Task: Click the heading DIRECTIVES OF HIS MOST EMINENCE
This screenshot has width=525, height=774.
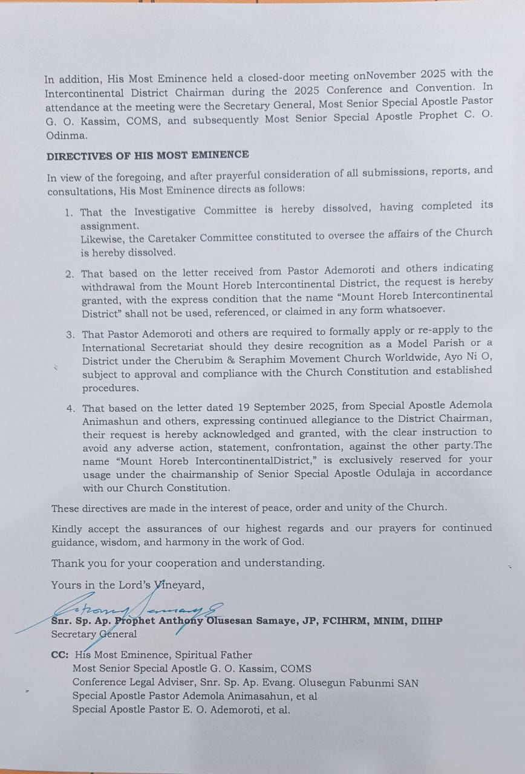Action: click(x=147, y=155)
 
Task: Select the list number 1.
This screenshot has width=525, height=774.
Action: click(x=69, y=212)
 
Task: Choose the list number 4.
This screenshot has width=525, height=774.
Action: click(x=71, y=408)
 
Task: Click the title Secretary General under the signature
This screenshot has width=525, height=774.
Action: click(x=94, y=634)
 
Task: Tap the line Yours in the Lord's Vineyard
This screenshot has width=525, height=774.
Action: click(x=128, y=585)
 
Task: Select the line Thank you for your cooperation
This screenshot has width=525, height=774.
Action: click(x=187, y=563)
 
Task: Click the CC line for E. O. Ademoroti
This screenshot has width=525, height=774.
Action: click(x=181, y=709)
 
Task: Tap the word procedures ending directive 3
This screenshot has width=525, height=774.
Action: click(x=110, y=388)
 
